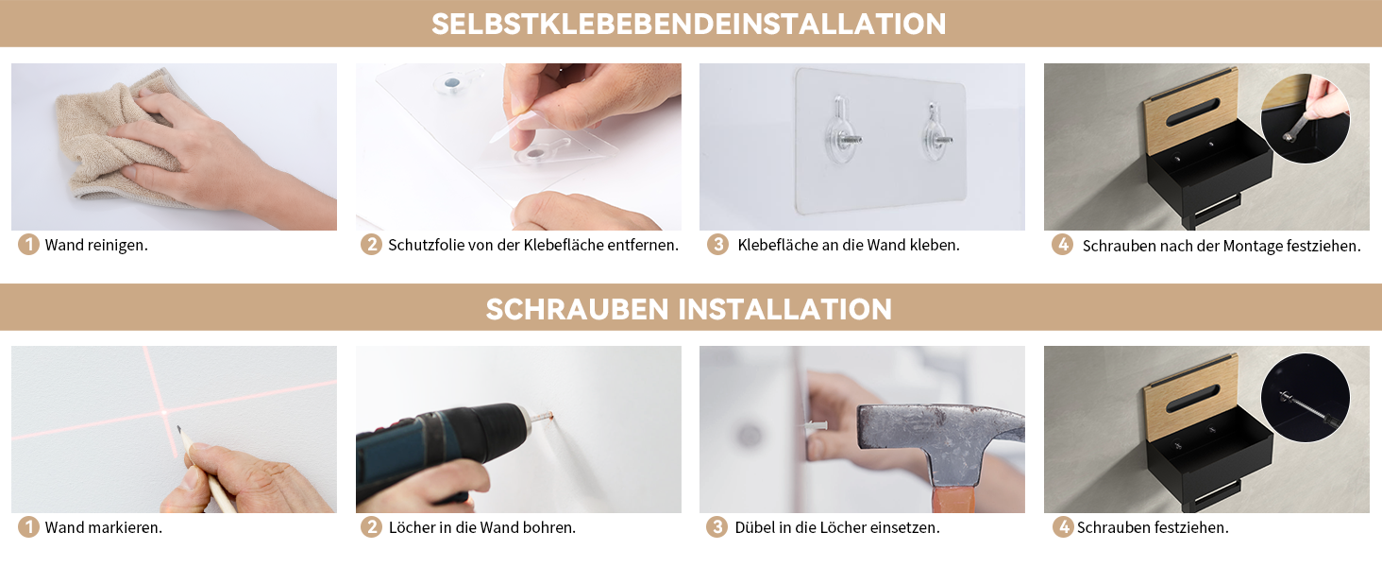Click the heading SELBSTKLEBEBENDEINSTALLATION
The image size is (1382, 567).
[688, 24]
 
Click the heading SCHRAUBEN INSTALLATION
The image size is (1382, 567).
[688, 309]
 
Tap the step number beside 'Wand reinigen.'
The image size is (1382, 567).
[28, 245]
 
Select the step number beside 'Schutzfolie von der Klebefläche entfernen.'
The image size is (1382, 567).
[371, 245]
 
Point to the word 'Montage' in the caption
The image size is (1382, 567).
[1252, 247]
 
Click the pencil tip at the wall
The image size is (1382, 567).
[179, 428]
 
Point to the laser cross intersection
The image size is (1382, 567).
[164, 412]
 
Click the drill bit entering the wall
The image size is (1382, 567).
[541, 418]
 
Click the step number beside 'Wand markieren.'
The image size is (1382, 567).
[28, 527]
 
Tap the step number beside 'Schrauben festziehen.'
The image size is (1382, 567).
[1062, 527]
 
